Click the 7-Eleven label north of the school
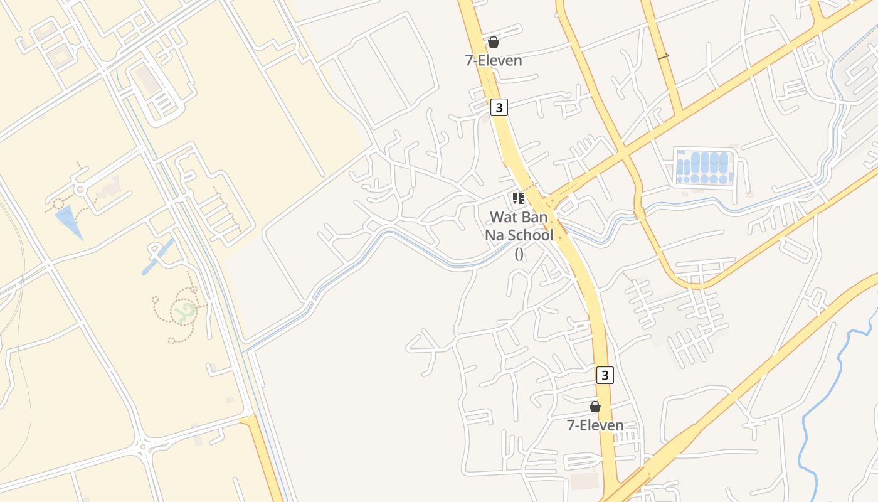coord(494,60)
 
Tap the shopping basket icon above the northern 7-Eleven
coord(494,42)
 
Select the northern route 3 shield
coord(499,107)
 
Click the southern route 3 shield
coord(604,375)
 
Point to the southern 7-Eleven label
coord(595,425)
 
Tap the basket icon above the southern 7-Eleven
coord(595,407)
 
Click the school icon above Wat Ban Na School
coord(518,199)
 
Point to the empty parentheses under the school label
coord(519,254)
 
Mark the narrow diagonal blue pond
coord(157,256)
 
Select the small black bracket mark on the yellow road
coord(664,57)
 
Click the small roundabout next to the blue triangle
coord(80,188)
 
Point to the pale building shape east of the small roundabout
coord(107,186)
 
